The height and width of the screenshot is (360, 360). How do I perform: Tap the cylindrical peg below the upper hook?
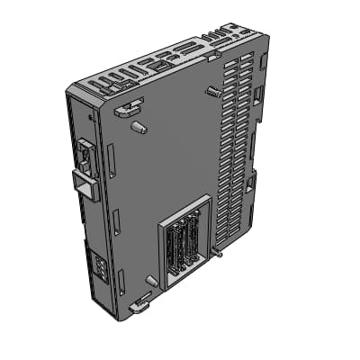coord(139,127)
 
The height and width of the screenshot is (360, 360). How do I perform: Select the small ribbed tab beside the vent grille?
coord(212,91)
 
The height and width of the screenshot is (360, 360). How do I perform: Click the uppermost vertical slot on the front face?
coord(111,160)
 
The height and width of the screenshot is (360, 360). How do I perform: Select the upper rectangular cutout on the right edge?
coord(258,94)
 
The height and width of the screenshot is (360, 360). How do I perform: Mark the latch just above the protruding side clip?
coord(82,155)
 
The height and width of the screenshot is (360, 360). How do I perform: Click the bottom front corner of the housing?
coord(117,318)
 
